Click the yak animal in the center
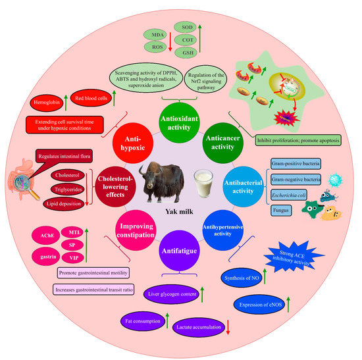tap(157, 184)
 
